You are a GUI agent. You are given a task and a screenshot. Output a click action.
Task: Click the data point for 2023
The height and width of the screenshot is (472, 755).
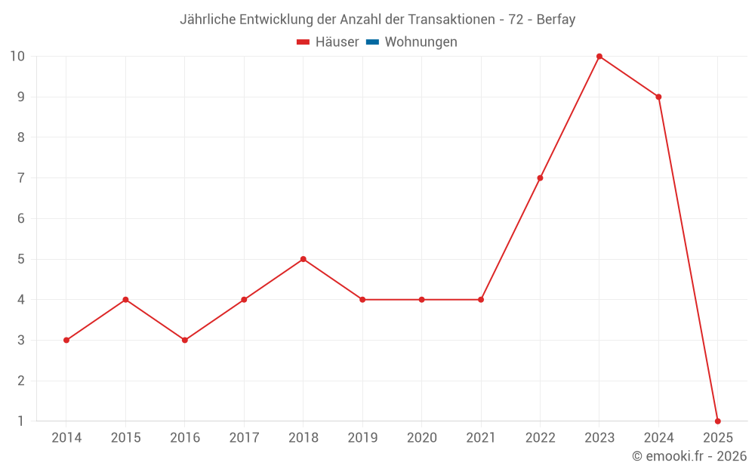pos(599,57)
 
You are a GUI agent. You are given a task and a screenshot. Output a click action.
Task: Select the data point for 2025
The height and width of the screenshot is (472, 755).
pos(717,421)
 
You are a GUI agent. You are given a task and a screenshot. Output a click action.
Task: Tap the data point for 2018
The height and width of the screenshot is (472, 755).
pos(303,259)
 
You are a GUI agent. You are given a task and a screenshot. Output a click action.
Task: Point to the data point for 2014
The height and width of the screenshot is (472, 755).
pos(66,340)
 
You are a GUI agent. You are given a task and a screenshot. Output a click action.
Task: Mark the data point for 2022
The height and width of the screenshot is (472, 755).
pos(540,178)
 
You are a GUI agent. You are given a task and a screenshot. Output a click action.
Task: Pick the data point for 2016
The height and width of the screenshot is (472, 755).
pos(185,340)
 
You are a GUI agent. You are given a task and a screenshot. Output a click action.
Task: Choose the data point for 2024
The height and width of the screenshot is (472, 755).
pos(658,97)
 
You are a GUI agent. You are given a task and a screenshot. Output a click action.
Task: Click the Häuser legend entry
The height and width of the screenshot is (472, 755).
pos(328,42)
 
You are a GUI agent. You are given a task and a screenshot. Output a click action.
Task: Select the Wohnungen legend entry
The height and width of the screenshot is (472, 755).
pos(421,42)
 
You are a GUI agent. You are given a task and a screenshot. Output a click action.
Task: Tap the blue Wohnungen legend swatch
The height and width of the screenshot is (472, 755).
pos(372,42)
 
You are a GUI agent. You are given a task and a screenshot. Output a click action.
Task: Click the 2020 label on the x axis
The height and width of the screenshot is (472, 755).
pos(421,438)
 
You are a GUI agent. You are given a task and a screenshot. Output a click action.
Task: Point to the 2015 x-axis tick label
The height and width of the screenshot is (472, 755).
pos(125,438)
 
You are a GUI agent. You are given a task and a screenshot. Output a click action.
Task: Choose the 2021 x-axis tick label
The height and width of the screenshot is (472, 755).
pos(481,438)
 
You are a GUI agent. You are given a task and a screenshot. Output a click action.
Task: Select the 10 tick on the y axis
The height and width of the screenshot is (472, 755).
pos(17,57)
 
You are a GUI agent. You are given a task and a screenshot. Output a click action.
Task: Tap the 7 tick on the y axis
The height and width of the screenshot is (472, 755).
pos(20,178)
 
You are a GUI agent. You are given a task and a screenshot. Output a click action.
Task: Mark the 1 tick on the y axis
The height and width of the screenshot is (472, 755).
pos(20,421)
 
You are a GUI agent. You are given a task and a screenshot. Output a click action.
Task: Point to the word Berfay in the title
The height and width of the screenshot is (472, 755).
pos(556,20)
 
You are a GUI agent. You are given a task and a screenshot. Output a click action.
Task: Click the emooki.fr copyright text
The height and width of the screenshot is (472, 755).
pos(689,456)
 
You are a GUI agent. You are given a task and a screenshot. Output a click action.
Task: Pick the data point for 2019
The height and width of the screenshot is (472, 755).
pos(362,300)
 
